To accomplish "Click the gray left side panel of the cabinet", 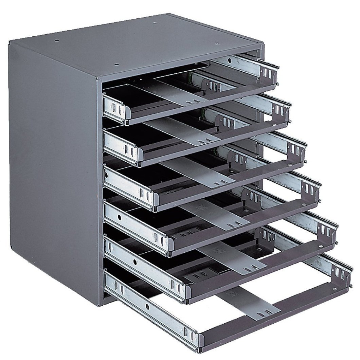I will pyautogui.click(x=51, y=163).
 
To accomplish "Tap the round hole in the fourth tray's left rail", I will pyautogui.click(x=120, y=216).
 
